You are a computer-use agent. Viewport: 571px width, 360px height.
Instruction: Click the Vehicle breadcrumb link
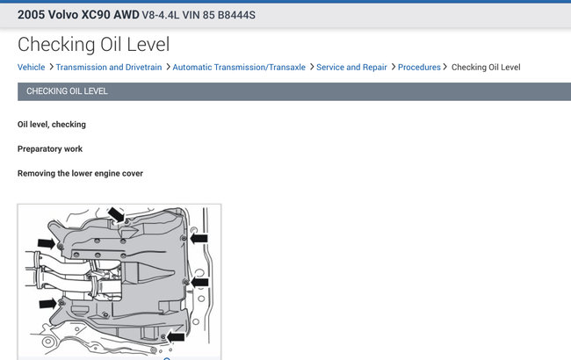pos(32,68)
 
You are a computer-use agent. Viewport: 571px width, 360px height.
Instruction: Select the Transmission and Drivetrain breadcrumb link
pos(109,68)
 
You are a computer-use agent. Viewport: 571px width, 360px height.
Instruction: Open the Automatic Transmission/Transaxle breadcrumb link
pos(239,68)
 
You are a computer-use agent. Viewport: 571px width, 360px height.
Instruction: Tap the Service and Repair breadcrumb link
pos(351,68)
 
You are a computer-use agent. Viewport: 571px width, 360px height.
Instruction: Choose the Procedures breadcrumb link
pos(419,68)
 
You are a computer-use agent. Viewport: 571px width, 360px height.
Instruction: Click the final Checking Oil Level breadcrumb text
pos(486,68)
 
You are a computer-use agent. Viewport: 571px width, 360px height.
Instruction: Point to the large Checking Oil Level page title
pos(94,45)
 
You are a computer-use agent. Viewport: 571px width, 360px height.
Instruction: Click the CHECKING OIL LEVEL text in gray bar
pos(67,91)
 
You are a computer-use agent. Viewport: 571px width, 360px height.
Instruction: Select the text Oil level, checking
pos(52,125)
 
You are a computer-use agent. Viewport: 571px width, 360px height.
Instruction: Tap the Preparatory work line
pos(50,149)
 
